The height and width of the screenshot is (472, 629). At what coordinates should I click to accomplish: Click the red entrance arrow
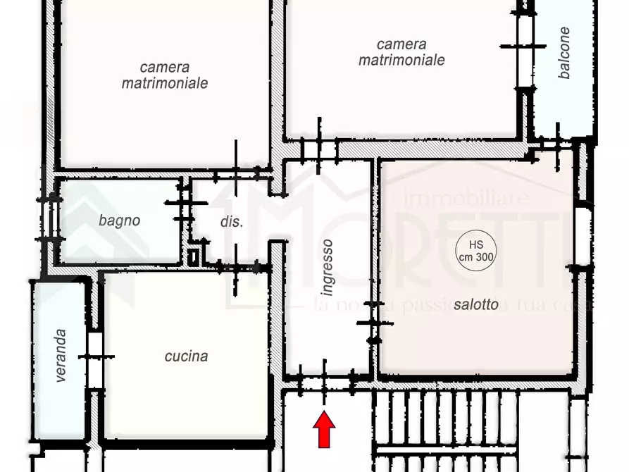[x=324, y=430]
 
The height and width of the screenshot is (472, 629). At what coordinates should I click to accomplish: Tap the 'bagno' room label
[x=119, y=221]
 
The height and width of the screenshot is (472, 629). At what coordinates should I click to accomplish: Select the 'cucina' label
[x=186, y=356]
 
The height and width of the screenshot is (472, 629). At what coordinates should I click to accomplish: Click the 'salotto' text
[x=476, y=305]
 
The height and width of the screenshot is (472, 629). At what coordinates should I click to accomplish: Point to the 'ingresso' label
[x=326, y=267]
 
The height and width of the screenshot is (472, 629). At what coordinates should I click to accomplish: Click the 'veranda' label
[x=61, y=356]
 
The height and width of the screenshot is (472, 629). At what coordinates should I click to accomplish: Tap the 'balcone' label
[x=564, y=53]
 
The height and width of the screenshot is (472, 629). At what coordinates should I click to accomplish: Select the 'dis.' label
[x=231, y=221]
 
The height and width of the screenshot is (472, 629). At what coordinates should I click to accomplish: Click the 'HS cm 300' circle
[x=475, y=250]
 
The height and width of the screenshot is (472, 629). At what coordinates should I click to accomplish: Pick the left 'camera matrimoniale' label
[x=164, y=75]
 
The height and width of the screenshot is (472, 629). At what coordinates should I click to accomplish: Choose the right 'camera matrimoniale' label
[x=401, y=53]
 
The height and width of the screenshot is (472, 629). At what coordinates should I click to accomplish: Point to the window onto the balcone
[x=525, y=46]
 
